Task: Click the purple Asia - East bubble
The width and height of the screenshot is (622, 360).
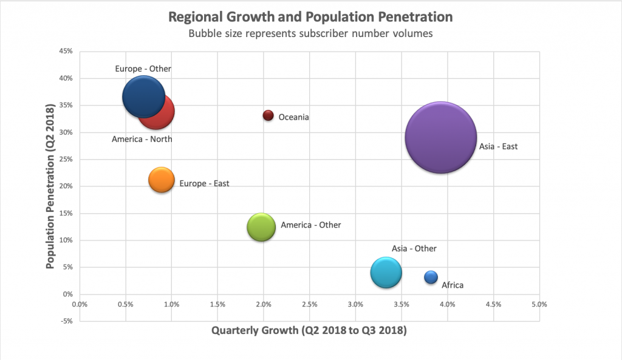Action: click(441, 137)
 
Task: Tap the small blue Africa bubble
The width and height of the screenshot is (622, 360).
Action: click(431, 277)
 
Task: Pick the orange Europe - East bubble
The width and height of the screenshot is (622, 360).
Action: click(162, 180)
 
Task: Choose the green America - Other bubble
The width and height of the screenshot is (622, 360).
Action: click(261, 227)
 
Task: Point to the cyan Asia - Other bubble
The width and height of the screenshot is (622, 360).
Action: click(386, 273)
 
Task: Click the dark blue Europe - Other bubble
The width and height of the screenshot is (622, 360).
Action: click(142, 97)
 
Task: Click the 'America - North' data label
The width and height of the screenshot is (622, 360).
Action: click(142, 139)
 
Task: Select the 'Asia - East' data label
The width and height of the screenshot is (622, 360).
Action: click(498, 146)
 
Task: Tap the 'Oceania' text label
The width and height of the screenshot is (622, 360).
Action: click(294, 117)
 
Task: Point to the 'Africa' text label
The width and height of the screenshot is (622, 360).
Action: click(453, 285)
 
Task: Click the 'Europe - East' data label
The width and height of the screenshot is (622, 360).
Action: click(205, 183)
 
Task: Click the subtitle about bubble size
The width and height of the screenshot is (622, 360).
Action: click(310, 34)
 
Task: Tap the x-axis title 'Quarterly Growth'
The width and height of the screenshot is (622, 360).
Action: click(309, 331)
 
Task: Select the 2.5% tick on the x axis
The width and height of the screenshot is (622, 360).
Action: click(309, 304)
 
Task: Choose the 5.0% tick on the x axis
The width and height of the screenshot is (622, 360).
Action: click(539, 304)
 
